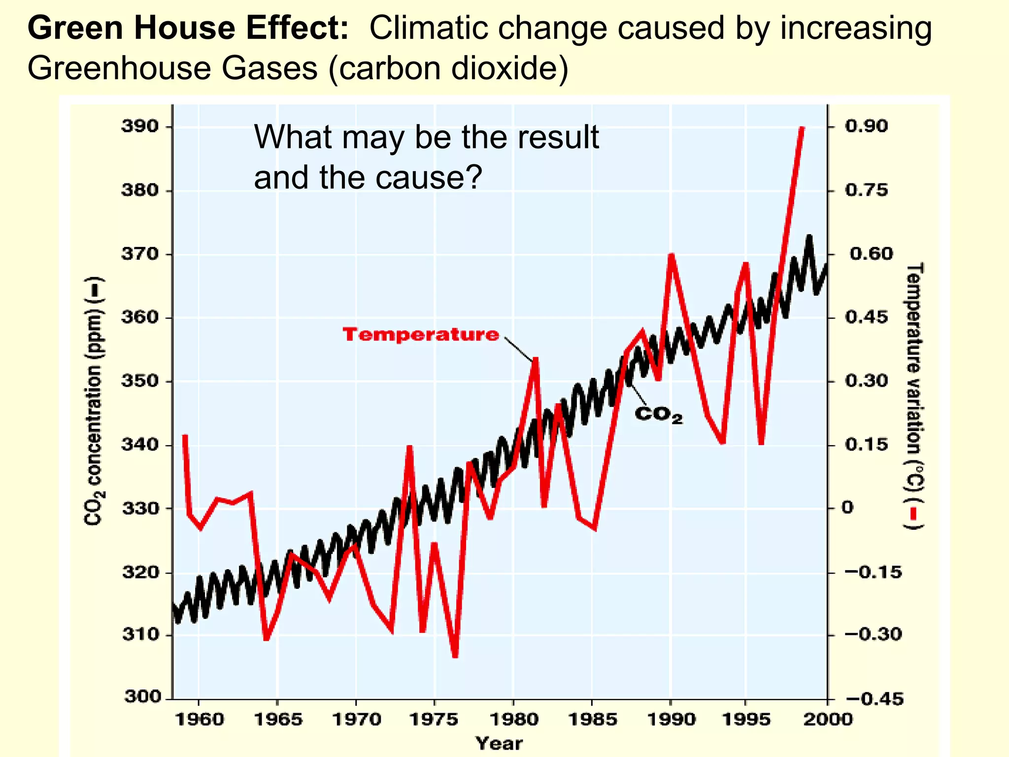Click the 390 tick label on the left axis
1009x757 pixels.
[x=140, y=127]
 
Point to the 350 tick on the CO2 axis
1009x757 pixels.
[x=140, y=381]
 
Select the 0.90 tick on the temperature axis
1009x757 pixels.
[x=867, y=126]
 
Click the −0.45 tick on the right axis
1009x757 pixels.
[x=874, y=698]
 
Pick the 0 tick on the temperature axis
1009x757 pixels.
[x=847, y=508]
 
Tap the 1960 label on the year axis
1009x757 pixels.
[x=199, y=720]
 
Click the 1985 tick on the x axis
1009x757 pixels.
[x=593, y=720]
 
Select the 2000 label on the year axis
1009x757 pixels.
[x=828, y=720]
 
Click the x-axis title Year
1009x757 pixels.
[x=499, y=743]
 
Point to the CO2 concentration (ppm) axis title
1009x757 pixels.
[x=94, y=402]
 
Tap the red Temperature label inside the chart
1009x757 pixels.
[x=421, y=335]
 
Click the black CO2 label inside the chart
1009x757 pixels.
[x=659, y=414]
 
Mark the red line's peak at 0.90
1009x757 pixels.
[x=802, y=129]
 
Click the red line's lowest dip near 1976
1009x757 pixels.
[x=455, y=655]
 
